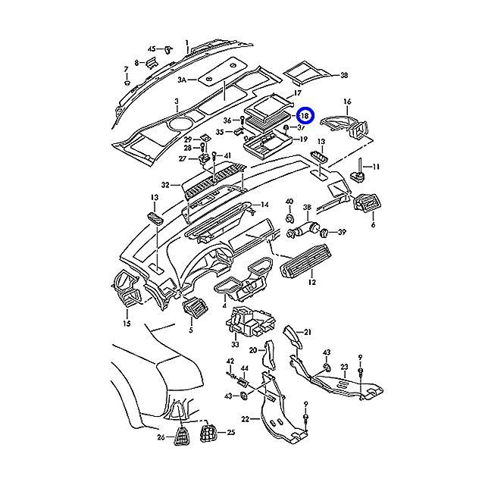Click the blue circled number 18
tap(304, 116)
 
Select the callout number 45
tap(151, 48)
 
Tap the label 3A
tap(182, 79)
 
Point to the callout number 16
tap(348, 101)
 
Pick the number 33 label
tap(235, 345)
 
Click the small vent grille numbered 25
tap(206, 434)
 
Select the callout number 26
tap(160, 438)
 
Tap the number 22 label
tap(245, 419)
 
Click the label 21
tap(308, 332)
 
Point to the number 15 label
tap(127, 324)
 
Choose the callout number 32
tap(165, 184)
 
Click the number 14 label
tap(264, 205)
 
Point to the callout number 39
tap(341, 232)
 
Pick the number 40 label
tap(289, 202)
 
